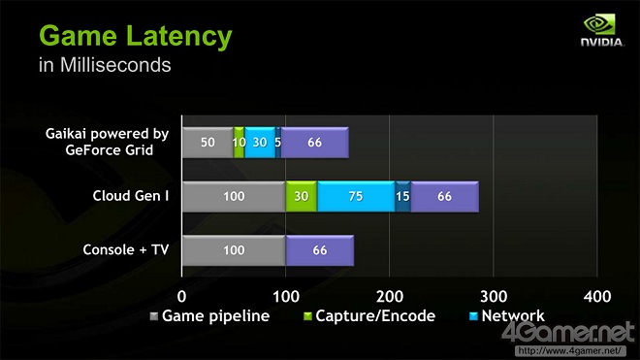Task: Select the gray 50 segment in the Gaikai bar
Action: click(x=208, y=142)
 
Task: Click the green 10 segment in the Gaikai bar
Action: click(x=239, y=142)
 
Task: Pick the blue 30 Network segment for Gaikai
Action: click(x=259, y=142)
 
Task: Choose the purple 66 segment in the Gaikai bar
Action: click(x=314, y=142)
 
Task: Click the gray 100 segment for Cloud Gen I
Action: click(x=234, y=196)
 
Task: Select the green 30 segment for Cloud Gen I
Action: click(x=302, y=196)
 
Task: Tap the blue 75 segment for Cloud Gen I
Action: click(x=356, y=196)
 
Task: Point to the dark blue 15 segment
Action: click(x=402, y=196)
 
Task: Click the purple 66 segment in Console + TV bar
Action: click(x=319, y=250)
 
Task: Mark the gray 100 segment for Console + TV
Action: click(x=234, y=250)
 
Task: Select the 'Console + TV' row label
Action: click(x=126, y=250)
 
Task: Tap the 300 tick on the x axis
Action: click(x=493, y=295)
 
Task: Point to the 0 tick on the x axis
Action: click(x=182, y=295)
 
